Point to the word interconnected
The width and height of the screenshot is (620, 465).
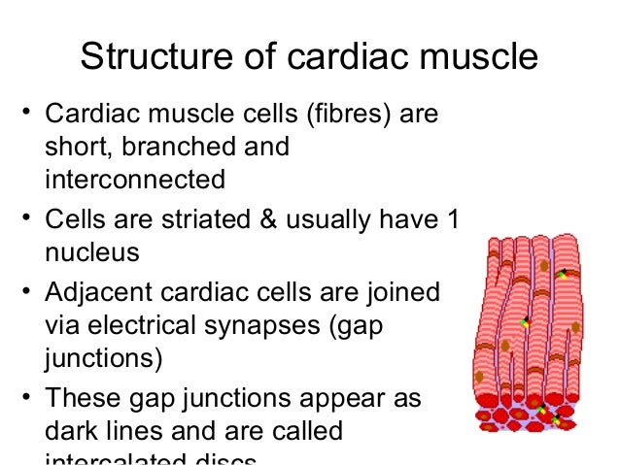134,180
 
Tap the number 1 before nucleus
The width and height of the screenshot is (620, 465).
449,220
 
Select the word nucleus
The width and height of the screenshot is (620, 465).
91,252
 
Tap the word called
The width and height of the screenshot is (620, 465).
302,430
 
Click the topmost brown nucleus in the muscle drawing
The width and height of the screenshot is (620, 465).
544,264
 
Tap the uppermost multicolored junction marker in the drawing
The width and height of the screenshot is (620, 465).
562,275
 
